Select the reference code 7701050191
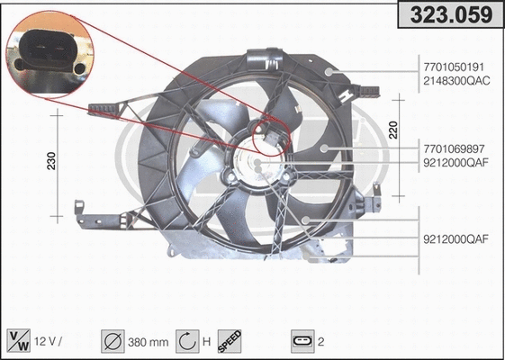(455, 67)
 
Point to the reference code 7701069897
(455, 148)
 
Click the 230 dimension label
(52, 161)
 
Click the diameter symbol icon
(114, 340)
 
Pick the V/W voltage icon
(18, 340)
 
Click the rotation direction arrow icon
(186, 340)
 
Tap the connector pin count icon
(302, 341)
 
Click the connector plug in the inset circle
(51, 54)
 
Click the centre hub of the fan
(257, 162)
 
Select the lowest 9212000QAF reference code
(455, 239)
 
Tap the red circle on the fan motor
(270, 137)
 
